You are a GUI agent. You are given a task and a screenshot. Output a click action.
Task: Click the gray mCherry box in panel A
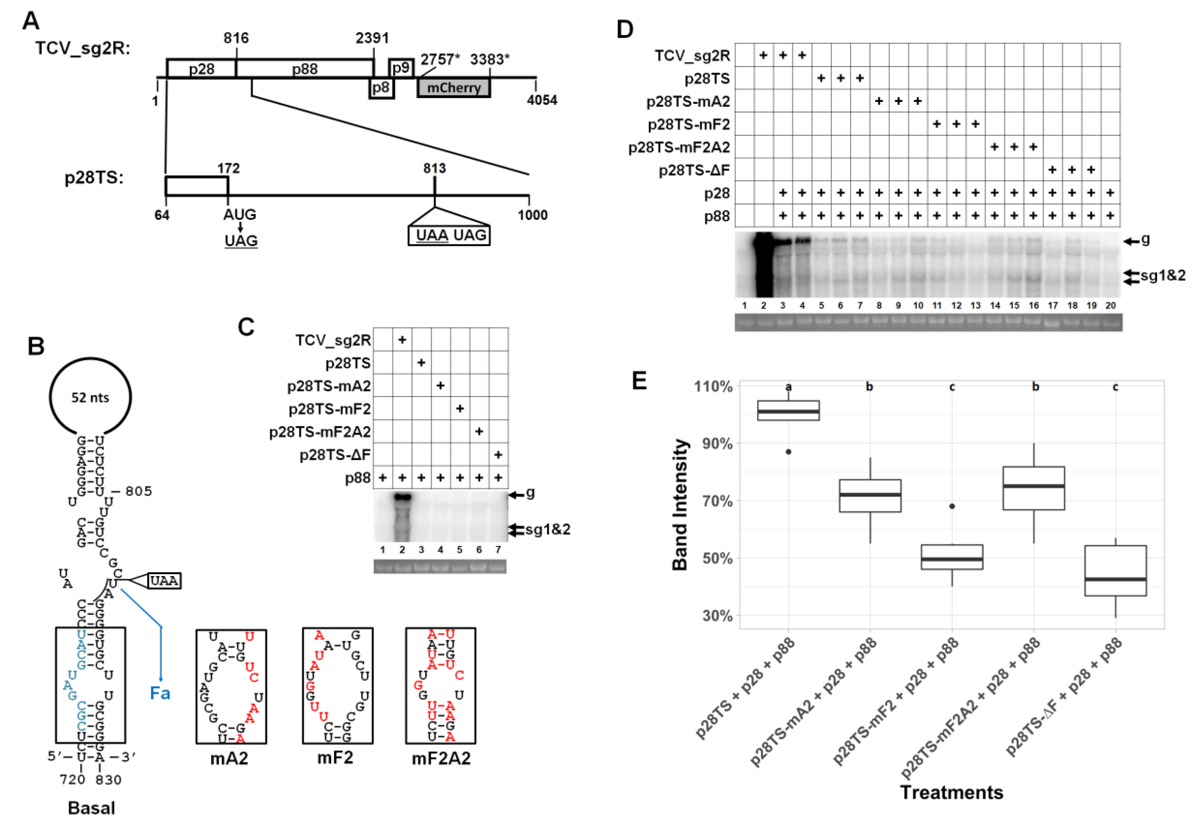pos(454,88)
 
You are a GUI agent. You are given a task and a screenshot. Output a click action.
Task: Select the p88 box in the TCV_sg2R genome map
pos(305,69)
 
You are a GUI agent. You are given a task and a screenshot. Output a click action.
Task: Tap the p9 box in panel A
pos(401,68)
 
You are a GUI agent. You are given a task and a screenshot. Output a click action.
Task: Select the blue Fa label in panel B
pos(160,693)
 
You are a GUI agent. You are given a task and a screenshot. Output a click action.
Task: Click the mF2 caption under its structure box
pos(335,758)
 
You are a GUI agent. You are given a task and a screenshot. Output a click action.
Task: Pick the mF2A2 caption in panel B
pos(441,758)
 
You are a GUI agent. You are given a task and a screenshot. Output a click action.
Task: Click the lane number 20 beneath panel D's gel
pos(1110,305)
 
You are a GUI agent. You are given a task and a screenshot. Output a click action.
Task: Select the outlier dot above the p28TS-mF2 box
pos(952,506)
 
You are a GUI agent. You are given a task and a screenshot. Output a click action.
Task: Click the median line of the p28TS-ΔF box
pos(1115,579)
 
